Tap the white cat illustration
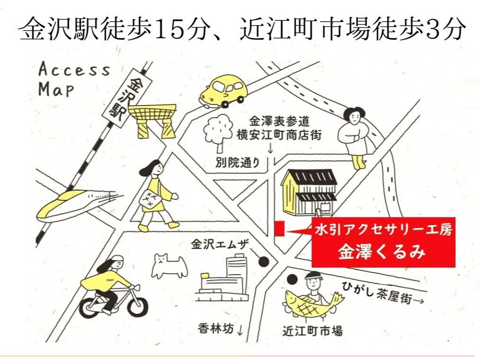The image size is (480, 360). pos(169,265)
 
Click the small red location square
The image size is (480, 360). pos(279,228)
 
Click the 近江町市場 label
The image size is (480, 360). pos(312,331)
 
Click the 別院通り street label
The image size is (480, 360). pos(237,162)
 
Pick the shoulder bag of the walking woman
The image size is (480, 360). pos(150,199)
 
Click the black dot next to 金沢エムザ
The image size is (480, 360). pos(264,261)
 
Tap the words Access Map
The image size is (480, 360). pos(74,79)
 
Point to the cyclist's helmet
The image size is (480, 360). pos(115,262)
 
